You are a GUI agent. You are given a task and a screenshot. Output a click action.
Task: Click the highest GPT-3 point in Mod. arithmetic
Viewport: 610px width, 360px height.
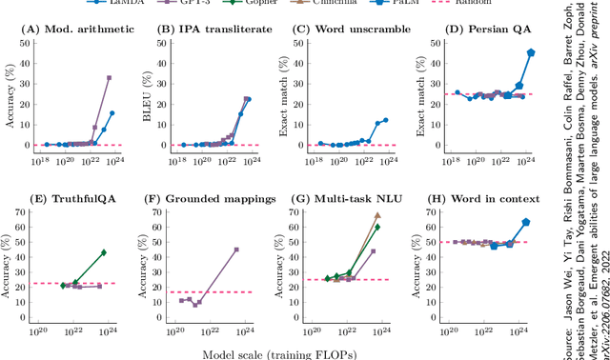(109, 78)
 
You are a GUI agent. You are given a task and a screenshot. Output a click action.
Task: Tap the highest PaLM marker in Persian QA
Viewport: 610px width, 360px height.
(531, 53)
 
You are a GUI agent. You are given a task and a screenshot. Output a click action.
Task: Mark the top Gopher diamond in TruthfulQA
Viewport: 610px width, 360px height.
(103, 252)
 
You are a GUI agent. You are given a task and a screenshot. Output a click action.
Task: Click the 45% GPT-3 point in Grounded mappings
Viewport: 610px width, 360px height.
(236, 250)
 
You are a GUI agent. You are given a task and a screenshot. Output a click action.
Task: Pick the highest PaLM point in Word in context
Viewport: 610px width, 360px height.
(525, 222)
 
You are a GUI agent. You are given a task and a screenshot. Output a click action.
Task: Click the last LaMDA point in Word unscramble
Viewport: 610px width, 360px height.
(385, 120)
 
